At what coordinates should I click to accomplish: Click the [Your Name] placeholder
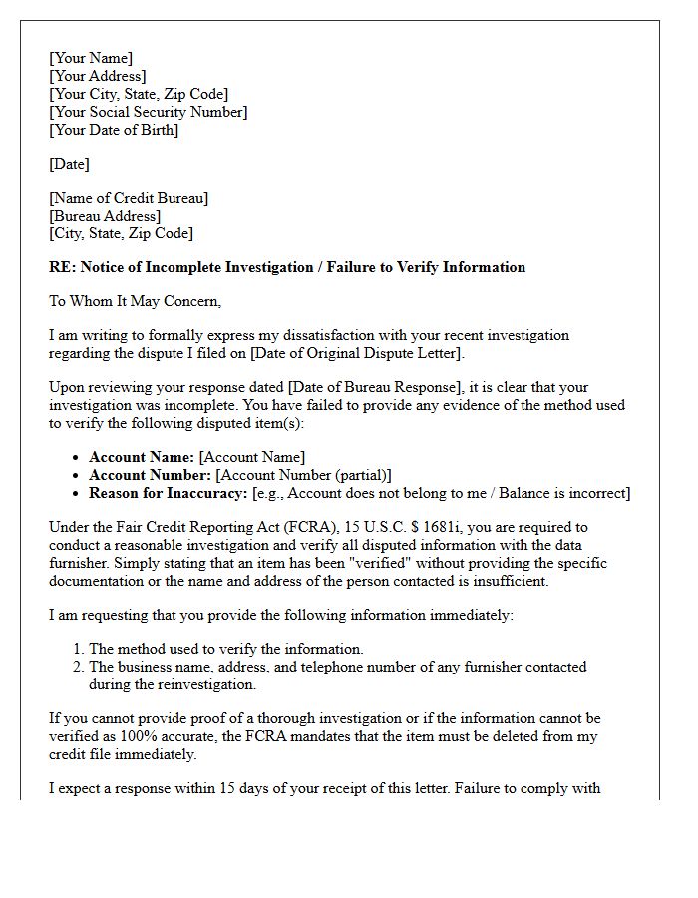point(91,58)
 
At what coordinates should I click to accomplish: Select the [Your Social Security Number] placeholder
point(149,112)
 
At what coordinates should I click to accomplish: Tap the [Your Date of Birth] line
point(114,130)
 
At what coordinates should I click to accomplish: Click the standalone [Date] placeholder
point(69,164)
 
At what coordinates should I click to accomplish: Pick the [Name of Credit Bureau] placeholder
point(129,198)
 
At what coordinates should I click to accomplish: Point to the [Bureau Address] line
point(105,216)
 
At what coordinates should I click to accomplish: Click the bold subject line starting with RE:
point(287,267)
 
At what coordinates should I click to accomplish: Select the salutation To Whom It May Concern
point(135,301)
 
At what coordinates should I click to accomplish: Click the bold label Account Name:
point(142,457)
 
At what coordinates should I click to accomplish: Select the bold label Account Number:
point(150,475)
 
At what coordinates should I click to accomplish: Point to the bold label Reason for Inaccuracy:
point(169,493)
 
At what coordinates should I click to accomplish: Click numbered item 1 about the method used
point(225,649)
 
